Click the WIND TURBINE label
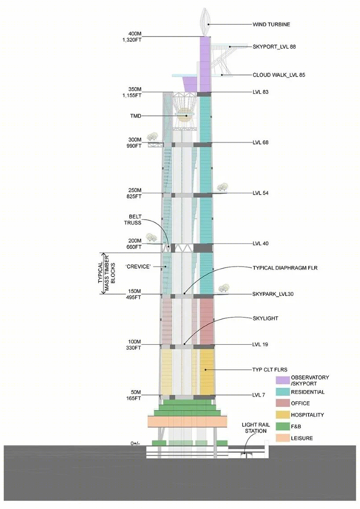coord(271,24)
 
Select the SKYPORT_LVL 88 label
coord(274,47)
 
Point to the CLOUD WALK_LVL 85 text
coord(279,75)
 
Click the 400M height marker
coord(135,34)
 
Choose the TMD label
coord(136,116)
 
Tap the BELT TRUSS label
coord(132,220)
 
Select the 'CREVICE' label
coord(138,266)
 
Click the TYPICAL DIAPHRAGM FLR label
coord(285,268)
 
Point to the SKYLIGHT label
coord(265,318)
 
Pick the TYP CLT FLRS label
coord(270,369)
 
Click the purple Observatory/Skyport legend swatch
coord(283,380)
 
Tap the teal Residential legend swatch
coord(283,392)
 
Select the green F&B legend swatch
coord(283,426)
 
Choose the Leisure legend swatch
coord(283,438)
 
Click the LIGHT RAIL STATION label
coord(256,428)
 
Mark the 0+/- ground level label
coord(135,443)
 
